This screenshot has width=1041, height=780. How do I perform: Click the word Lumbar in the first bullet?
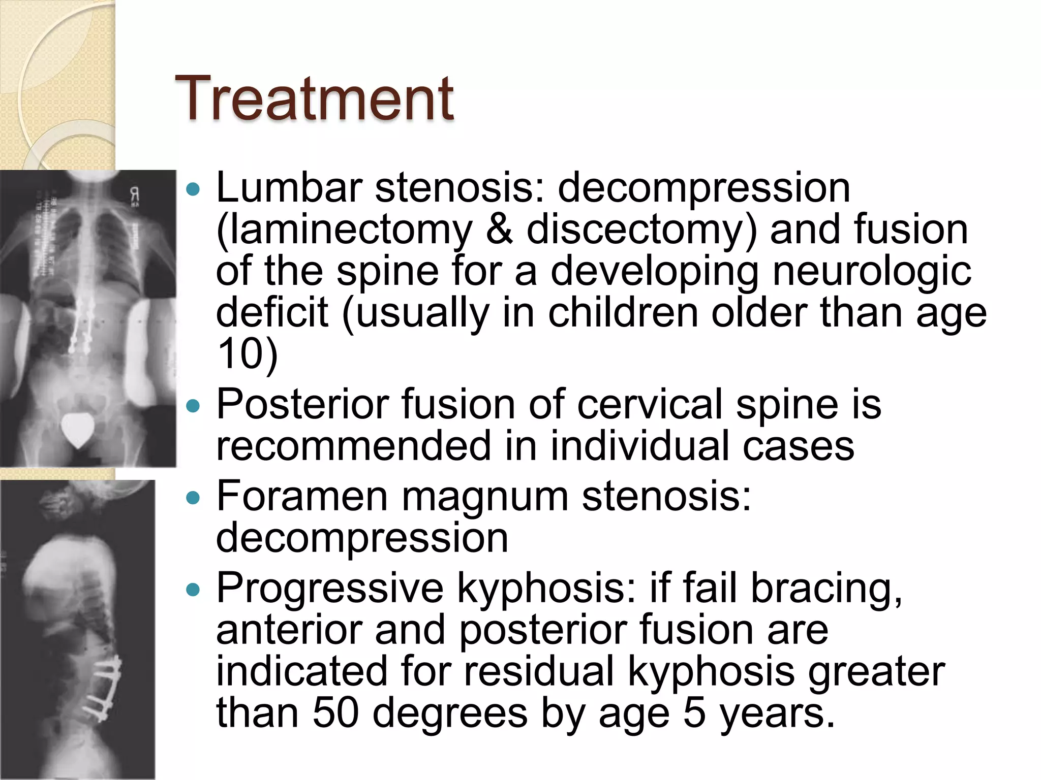289,187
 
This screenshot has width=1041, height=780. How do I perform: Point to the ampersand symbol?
499,230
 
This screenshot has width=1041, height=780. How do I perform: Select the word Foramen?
302,496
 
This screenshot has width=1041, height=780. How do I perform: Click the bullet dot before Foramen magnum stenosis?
193,498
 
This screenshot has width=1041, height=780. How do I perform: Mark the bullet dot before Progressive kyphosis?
193,590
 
